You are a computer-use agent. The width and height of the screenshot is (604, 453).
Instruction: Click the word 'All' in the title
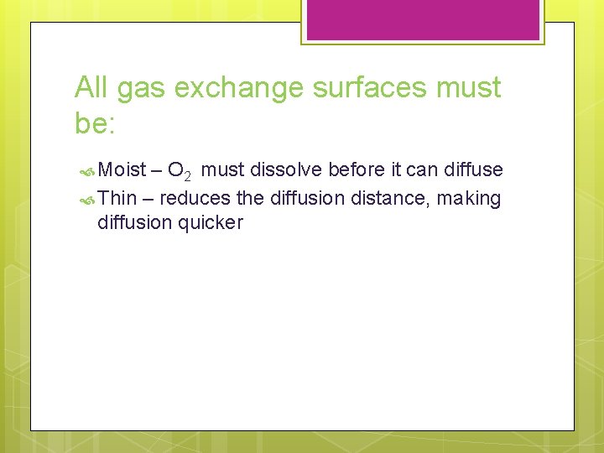[92, 87]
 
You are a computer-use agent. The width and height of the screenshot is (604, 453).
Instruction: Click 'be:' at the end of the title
[98, 123]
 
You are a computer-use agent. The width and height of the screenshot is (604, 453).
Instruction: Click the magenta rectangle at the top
[422, 18]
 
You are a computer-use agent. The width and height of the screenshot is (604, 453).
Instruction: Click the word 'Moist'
[122, 170]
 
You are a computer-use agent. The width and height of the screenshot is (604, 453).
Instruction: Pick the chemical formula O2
[180, 172]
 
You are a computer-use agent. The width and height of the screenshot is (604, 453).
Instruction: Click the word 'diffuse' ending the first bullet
[474, 170]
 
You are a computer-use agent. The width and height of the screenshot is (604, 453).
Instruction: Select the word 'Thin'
[117, 198]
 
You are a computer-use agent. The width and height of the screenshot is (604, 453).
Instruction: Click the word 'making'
[468, 198]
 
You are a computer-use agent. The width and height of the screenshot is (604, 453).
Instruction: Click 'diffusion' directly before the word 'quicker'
[135, 222]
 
